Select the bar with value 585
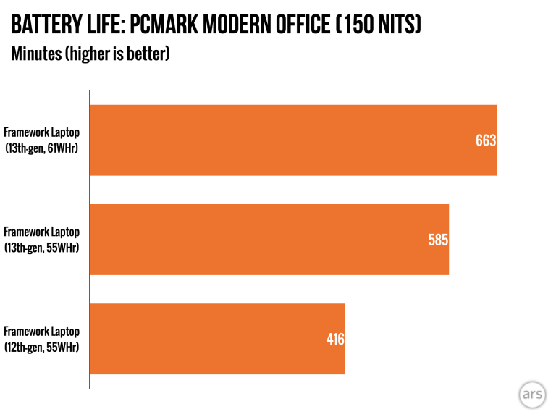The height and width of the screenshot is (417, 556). pos(269,239)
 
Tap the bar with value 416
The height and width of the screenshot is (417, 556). pos(216,338)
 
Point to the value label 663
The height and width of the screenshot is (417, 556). pos(485,140)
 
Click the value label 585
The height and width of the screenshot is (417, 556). pos(438,240)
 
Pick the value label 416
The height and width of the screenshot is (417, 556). pos(334,339)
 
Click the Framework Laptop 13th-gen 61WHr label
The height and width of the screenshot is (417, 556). pos(41,140)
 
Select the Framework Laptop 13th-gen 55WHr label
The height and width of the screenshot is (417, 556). pos(41,240)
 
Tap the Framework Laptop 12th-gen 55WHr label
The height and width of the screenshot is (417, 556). pos(41,339)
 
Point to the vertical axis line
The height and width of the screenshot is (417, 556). pos(89,239)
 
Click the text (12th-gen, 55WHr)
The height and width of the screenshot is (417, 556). pos(41,347)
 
